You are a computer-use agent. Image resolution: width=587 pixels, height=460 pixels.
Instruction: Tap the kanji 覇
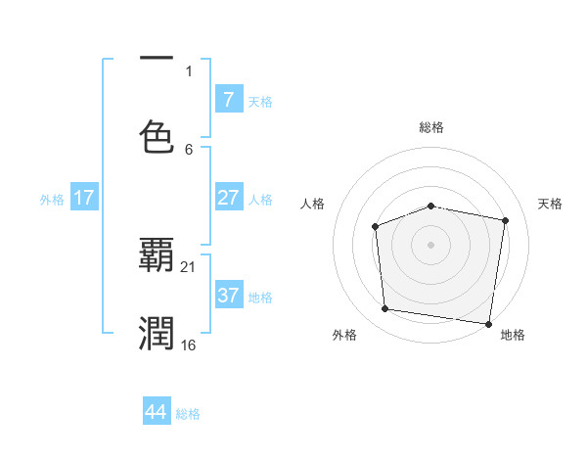[157, 256]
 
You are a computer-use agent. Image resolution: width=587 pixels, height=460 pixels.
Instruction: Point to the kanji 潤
[157, 333]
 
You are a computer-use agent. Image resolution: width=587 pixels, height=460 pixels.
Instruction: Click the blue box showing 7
[228, 100]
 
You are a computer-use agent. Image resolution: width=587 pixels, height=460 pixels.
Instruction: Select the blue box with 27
[228, 198]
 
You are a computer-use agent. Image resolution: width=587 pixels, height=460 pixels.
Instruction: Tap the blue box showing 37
[228, 296]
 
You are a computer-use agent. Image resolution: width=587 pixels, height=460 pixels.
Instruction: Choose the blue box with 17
[84, 198]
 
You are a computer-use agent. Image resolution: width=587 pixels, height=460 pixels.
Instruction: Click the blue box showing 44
[157, 412]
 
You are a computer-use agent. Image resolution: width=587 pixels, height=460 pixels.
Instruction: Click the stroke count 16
[190, 345]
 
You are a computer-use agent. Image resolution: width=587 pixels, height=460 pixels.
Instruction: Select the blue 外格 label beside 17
[52, 200]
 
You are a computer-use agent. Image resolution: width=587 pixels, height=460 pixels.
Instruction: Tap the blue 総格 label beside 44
[188, 414]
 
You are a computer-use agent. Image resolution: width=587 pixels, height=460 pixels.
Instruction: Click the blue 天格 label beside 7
[260, 102]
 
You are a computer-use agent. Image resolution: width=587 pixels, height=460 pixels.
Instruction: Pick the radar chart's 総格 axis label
[431, 127]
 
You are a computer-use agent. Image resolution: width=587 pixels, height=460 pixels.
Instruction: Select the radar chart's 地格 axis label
[513, 335]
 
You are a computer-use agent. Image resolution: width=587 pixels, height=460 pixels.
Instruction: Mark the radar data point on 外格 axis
[385, 309]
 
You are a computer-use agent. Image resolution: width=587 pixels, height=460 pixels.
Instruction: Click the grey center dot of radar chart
[430, 244]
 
